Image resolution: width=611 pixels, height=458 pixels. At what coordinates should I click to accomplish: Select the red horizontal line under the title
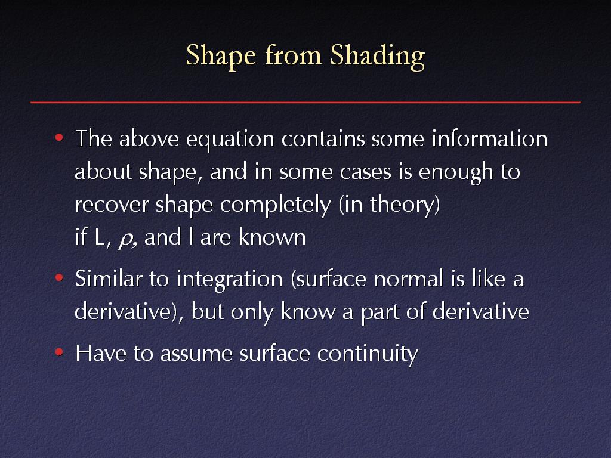[x=305, y=102]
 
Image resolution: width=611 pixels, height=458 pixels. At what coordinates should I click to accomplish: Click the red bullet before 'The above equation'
[x=59, y=138]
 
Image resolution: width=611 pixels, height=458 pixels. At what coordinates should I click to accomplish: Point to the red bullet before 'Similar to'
[x=59, y=278]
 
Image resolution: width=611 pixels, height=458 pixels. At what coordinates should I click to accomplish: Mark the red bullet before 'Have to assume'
[x=59, y=352]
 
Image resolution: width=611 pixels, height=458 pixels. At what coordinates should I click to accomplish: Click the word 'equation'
[x=230, y=140]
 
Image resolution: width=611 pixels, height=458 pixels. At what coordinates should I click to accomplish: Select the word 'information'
[x=489, y=138]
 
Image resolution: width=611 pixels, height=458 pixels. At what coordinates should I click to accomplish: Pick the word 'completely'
[x=276, y=205]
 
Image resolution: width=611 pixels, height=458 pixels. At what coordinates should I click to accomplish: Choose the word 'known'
[x=272, y=236]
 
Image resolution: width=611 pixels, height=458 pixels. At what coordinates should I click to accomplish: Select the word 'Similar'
[x=109, y=278]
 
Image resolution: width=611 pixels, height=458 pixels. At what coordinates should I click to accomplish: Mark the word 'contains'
[x=323, y=139]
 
